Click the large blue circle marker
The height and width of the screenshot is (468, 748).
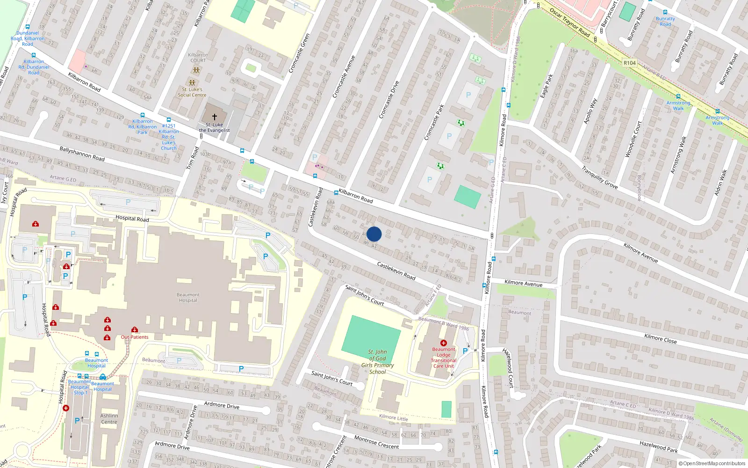pyautogui.click(x=374, y=234)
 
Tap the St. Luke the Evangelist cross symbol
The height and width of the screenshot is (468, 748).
pyautogui.click(x=215, y=117)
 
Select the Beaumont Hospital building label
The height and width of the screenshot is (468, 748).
pyautogui.click(x=188, y=298)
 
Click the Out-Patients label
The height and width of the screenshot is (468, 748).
pyautogui.click(x=135, y=337)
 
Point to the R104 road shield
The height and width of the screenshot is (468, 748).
pyautogui.click(x=630, y=63)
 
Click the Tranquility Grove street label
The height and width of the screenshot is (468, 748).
pyautogui.click(x=600, y=178)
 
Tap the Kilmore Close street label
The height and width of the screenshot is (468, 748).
pyautogui.click(x=660, y=338)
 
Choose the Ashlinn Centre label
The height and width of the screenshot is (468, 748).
pyautogui.click(x=109, y=419)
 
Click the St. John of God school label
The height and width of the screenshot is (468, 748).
pyautogui.click(x=377, y=362)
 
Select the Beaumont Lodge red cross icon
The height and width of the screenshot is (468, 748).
pyautogui.click(x=444, y=343)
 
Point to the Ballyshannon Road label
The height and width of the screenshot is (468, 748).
pyautogui.click(x=82, y=154)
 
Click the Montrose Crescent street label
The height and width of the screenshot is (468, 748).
pyautogui.click(x=376, y=442)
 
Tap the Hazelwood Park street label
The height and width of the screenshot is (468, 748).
pyautogui.click(x=658, y=446)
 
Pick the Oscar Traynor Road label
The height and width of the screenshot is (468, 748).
pyautogui.click(x=569, y=22)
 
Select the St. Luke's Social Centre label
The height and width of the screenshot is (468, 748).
pyautogui.click(x=192, y=92)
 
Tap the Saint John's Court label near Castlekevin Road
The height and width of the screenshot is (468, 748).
pyautogui.click(x=364, y=295)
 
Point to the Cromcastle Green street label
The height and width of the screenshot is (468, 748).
pyautogui.click(x=299, y=53)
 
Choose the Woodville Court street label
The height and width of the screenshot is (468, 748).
pyautogui.click(x=633, y=139)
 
